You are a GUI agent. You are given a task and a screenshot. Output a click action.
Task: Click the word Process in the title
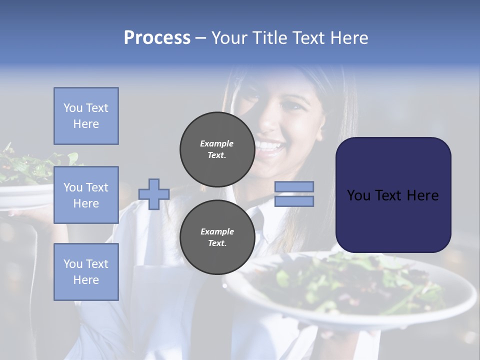(157, 38)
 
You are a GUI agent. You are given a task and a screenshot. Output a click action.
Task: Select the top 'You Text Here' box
(86, 116)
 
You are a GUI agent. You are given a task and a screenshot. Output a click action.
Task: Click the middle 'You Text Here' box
(86, 195)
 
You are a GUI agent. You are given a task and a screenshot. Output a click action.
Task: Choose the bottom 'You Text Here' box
(86, 271)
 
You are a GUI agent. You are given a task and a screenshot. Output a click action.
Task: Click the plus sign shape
(154, 194)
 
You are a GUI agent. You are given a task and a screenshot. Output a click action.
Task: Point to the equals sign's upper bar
(294, 186)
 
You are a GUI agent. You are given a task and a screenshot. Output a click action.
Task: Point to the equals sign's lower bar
(294, 201)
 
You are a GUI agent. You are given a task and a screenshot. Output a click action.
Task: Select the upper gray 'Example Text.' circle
(217, 149)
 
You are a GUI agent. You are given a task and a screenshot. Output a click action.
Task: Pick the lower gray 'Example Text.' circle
(217, 237)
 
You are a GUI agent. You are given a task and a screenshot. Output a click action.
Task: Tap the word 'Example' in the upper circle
(217, 143)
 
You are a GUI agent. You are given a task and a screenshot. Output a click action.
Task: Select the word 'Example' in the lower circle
(217, 231)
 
